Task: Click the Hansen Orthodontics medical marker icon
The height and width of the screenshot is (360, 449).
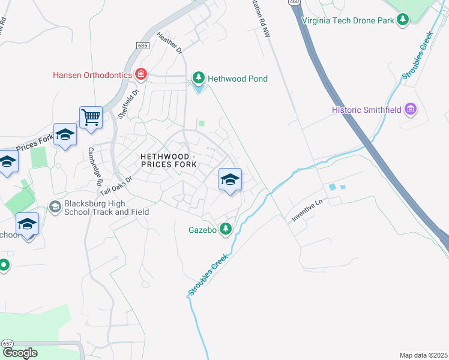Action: tap(141, 75)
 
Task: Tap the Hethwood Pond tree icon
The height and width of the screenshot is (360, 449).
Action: tap(199, 79)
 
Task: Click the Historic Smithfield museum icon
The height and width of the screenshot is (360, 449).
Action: tap(411, 109)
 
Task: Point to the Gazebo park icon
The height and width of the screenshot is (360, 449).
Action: tap(226, 228)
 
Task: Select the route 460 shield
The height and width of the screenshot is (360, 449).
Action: tap(294, 2)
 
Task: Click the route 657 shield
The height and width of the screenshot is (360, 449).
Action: tap(8, 343)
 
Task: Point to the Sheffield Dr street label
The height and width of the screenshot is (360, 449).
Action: tap(128, 104)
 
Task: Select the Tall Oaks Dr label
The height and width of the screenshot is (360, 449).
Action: tap(116, 183)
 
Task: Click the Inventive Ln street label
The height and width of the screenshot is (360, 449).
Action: tap(307, 211)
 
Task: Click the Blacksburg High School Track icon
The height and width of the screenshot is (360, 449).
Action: tap(55, 207)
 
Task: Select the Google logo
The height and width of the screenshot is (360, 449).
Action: tap(20, 352)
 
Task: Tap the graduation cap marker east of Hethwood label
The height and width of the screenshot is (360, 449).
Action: tap(230, 179)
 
